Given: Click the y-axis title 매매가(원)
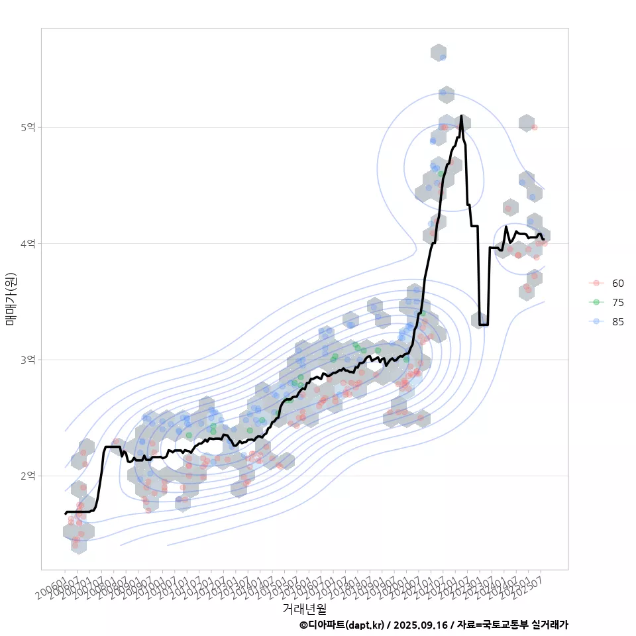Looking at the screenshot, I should tap(11, 298).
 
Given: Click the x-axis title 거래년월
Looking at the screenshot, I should tap(304, 608).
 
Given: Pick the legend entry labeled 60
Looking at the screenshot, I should tap(617, 284).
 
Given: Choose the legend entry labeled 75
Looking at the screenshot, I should tap(617, 302).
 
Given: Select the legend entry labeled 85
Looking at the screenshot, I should tap(617, 321).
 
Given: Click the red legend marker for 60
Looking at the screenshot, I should tap(596, 284).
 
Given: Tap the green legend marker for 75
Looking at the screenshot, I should tap(596, 302).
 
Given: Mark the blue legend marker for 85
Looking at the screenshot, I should tap(596, 321).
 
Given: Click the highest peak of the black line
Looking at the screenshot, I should tap(461, 116).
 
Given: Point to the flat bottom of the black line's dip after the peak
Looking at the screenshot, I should tap(484, 325).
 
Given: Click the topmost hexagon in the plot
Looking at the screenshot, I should tap(438, 52).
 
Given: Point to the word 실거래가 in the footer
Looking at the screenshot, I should tap(551, 625).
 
